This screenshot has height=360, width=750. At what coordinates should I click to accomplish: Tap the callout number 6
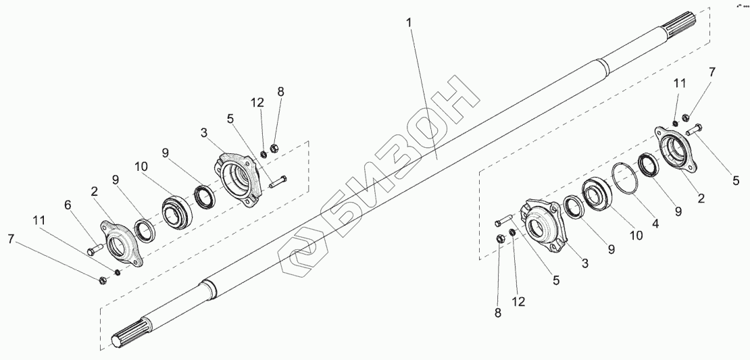click(x=68, y=205)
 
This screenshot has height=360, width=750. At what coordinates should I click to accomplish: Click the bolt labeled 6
click(x=94, y=251)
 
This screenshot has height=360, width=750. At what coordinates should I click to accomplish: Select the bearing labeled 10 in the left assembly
click(x=180, y=205)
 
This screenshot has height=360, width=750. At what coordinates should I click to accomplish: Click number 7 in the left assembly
click(x=10, y=238)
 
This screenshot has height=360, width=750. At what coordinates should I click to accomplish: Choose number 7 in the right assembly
click(x=711, y=72)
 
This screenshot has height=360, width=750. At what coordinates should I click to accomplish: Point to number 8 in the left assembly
click(x=280, y=92)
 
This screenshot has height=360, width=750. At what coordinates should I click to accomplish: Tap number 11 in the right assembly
click(x=680, y=84)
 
